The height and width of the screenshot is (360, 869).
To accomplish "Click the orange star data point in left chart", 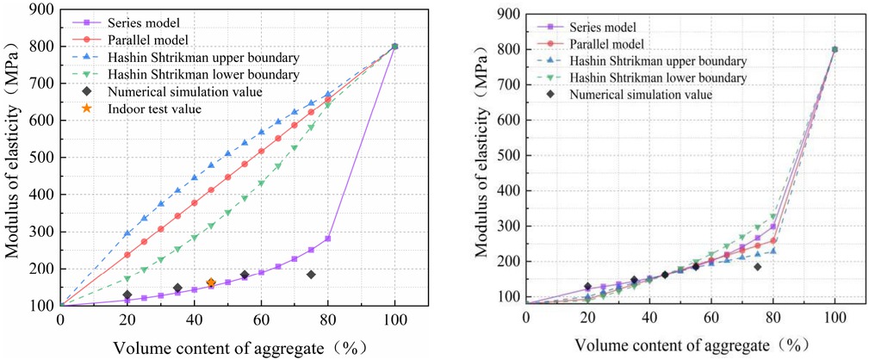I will point(211,282).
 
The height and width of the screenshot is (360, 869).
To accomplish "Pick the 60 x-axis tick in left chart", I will point(261,320).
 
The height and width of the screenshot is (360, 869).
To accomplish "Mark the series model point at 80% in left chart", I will point(327,239).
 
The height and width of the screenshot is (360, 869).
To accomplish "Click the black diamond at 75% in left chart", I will point(311,275).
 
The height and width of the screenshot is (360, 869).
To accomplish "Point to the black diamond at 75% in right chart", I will point(757,267).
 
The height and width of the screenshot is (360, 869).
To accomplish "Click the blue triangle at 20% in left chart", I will point(127,233).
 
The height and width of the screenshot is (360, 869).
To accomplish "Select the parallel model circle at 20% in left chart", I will point(127,255).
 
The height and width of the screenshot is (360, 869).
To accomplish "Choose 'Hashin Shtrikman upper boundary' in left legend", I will point(203,57).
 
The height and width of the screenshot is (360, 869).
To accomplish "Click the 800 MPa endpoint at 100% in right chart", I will point(835,49).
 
